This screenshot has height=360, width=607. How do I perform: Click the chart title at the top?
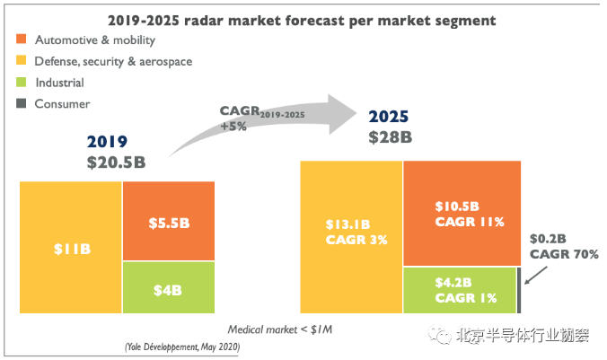303,19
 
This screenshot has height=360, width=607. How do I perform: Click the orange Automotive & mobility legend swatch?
20,40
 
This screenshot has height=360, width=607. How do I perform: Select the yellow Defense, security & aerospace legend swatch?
20,61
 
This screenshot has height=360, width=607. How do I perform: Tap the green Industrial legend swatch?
20,83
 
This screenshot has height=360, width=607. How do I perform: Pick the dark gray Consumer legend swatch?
20,103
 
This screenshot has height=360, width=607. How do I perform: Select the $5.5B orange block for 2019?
169,221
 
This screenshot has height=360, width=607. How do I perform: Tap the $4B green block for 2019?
169,287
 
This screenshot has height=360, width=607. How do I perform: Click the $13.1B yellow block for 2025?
351,237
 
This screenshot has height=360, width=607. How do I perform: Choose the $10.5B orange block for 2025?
462,214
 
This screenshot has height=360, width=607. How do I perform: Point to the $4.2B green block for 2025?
459,290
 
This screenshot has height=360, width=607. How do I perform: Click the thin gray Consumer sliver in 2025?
519,290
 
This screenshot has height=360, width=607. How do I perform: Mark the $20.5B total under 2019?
116,162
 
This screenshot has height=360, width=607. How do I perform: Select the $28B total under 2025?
391,137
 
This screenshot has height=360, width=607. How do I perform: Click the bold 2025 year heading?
390,117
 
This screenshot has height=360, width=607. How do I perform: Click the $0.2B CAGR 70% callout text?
563,247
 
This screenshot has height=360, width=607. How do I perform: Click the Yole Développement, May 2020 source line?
180,347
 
